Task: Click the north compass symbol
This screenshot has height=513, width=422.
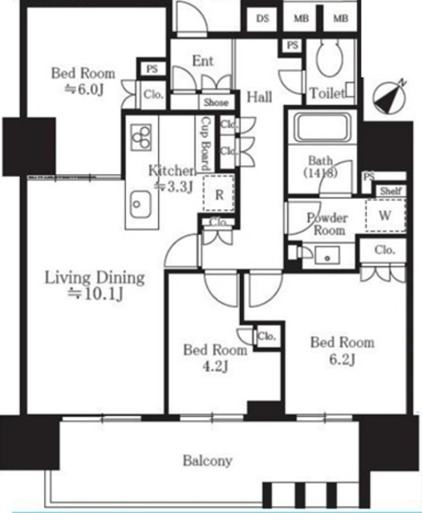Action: (x=390, y=97)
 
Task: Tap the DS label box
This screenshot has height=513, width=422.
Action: (x=262, y=18)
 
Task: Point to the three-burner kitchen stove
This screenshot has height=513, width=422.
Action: (x=141, y=137)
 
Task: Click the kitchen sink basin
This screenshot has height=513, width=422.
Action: (x=140, y=204)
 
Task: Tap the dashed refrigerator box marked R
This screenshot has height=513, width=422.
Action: (x=218, y=193)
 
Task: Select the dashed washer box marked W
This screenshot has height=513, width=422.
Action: (x=385, y=215)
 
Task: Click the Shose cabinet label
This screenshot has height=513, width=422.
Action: (x=216, y=103)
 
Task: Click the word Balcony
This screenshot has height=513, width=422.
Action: (x=208, y=460)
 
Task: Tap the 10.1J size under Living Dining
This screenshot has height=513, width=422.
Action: (x=95, y=294)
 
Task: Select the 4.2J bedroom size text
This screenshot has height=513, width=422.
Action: (x=215, y=366)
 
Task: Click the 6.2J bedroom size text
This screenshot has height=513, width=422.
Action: (x=342, y=359)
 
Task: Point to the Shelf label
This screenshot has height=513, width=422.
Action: (x=391, y=191)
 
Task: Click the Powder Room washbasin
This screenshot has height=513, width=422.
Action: (x=327, y=256)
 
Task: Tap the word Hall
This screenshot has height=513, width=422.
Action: (x=259, y=97)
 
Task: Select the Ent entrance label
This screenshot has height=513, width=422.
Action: (x=203, y=61)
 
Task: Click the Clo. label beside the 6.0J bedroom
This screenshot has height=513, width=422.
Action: (x=153, y=95)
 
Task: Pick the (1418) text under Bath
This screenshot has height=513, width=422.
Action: (x=320, y=173)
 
